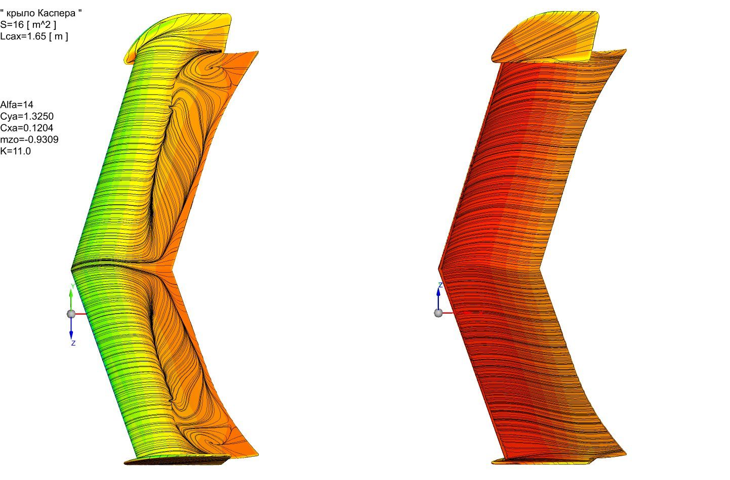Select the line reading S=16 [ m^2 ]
pyautogui.click(x=28, y=24)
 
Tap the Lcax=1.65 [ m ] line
pyautogui.click(x=34, y=36)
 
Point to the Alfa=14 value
pyautogui.click(x=17, y=105)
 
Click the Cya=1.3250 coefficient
pyautogui.click(x=27, y=116)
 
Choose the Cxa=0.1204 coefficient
pyautogui.click(x=27, y=128)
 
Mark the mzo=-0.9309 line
pyautogui.click(x=29, y=140)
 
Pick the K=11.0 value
pyautogui.click(x=15, y=151)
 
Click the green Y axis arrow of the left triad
pyautogui.click(x=71, y=298)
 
